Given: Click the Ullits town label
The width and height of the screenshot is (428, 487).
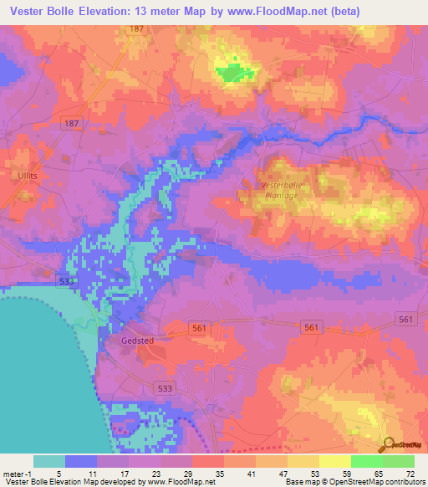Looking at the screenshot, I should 22,177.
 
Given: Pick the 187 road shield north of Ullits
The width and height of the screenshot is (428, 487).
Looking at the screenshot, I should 72,123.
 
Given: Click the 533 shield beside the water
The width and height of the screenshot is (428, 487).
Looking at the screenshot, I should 68,282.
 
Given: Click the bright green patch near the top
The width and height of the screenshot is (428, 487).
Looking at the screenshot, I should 232,73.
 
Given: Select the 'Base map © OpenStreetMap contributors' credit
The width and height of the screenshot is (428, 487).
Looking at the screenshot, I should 353,482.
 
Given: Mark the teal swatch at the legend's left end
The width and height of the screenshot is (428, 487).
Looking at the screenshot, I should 49,461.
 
